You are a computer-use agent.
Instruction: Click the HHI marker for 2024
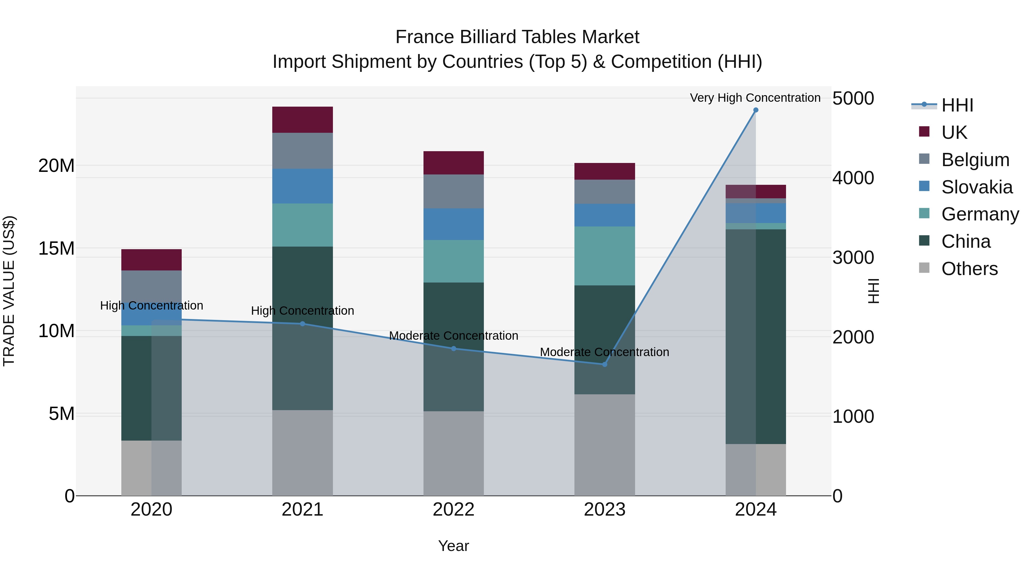point(755,110)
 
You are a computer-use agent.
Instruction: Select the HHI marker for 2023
point(604,364)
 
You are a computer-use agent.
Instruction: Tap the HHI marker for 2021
point(302,324)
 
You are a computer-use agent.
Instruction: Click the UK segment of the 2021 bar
point(302,120)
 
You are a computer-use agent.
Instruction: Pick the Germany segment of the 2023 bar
point(604,256)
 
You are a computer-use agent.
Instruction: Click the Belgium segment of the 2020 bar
point(152,286)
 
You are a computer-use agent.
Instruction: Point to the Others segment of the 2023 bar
point(604,445)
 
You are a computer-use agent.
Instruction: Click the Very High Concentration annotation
point(755,98)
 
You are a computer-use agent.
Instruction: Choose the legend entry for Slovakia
point(976,187)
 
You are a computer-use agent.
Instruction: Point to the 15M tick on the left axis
point(56,248)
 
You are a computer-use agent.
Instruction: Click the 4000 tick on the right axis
point(853,178)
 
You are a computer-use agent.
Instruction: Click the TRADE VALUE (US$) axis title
point(9,291)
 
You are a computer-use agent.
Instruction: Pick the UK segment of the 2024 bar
point(755,192)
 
